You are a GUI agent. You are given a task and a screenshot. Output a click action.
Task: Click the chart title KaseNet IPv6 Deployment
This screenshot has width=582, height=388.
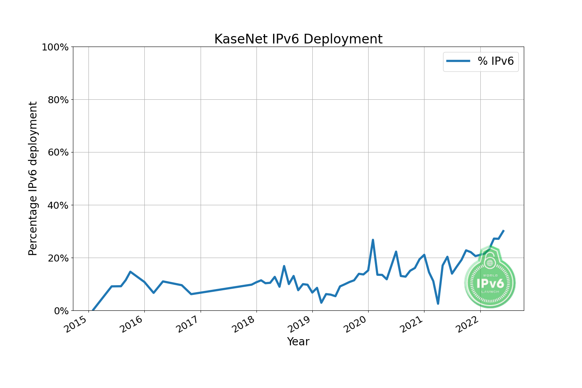tap(298, 39)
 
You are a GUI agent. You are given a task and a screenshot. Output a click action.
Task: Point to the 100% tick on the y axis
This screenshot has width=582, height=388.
tap(55, 47)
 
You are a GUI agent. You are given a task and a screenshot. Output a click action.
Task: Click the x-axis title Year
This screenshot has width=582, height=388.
tap(298, 341)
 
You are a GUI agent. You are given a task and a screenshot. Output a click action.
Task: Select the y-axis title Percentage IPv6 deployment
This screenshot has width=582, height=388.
tap(33, 178)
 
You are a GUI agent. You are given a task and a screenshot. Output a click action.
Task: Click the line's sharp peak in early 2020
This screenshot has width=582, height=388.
tap(373, 240)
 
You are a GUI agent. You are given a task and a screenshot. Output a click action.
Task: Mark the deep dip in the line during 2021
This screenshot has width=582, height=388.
tap(438, 303)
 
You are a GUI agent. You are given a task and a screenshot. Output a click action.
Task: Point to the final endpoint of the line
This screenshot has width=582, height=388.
tap(504, 230)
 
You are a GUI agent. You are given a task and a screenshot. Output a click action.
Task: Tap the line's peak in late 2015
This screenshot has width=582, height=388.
tap(130, 272)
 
